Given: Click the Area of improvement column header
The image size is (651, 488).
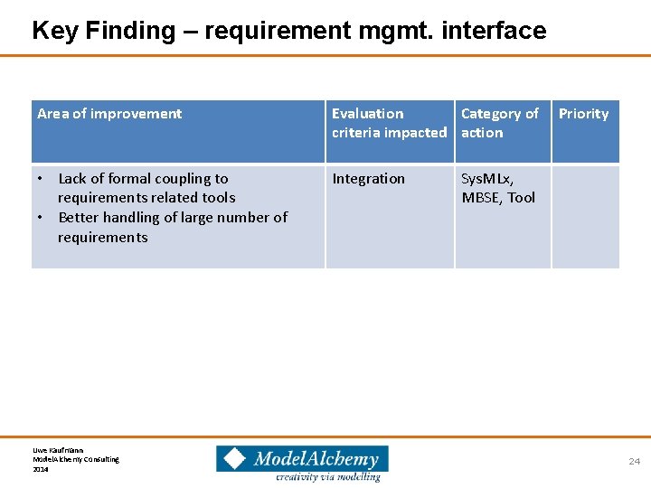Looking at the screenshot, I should tap(109, 114).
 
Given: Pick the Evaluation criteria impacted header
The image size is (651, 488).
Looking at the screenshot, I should tap(389, 123).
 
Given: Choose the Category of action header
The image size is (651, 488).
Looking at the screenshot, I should tap(499, 123).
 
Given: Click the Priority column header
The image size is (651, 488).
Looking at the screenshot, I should tap(583, 114).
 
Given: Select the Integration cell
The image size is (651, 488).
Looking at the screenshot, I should tap(368, 179).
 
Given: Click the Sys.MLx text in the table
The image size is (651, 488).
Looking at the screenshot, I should tap(487, 179).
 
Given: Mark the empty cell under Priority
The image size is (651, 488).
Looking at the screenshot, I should tap(585, 216).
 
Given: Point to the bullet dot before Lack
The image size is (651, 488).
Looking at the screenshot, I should tap(42, 179).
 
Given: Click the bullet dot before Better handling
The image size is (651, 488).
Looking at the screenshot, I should tap(42, 218).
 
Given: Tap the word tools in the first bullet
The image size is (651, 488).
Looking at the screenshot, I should tap(218, 198).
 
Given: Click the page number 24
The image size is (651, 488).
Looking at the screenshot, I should tap(634, 462).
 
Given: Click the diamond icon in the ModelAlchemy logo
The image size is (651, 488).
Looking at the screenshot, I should tap(234, 459).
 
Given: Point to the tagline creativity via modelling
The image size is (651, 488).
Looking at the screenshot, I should tap(327, 476).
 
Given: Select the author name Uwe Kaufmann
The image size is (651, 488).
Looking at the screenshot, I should tap(57, 449).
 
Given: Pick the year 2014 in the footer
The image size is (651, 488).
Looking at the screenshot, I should tap(41, 469).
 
